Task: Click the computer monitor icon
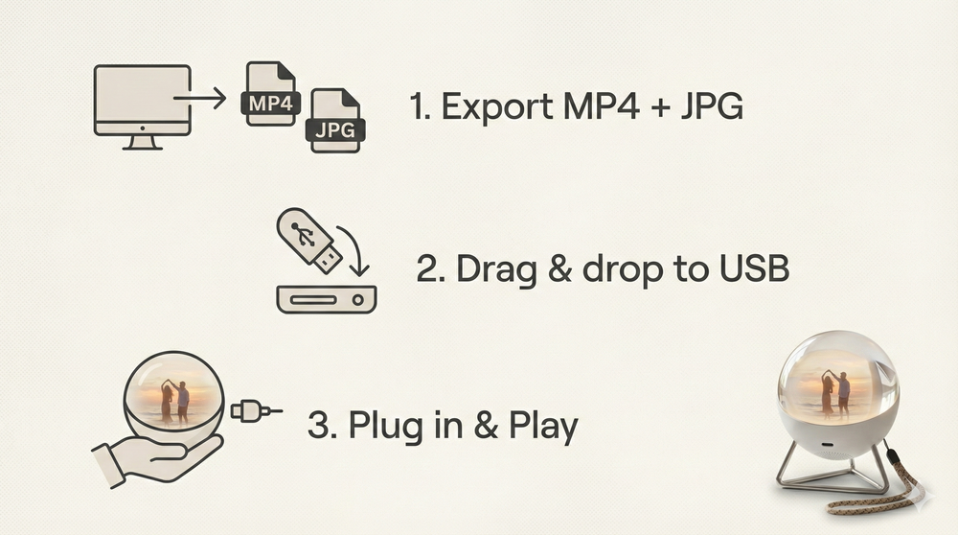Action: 143,107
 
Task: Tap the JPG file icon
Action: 335,121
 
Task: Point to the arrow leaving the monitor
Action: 200,97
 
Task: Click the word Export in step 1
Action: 496,107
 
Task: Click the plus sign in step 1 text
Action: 660,107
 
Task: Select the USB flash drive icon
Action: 308,241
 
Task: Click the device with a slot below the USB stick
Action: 327,299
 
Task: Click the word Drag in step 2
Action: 496,269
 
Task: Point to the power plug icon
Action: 257,411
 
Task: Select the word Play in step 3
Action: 543,426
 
